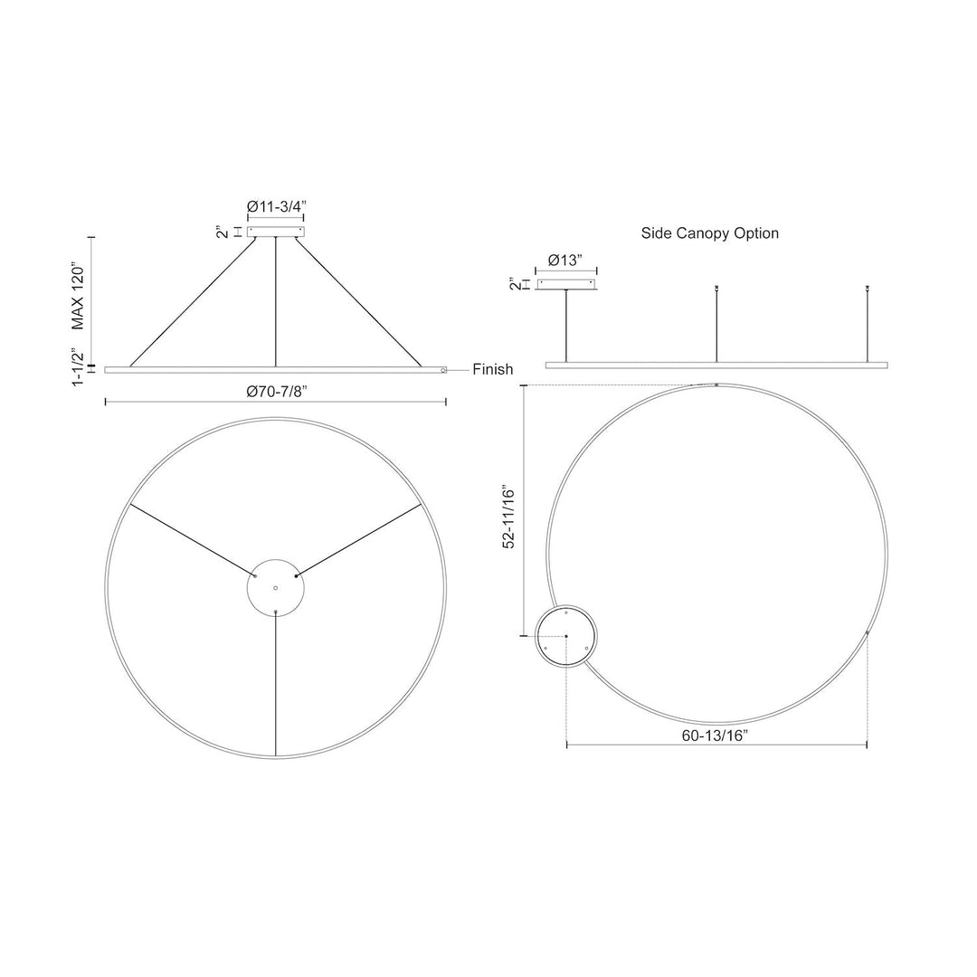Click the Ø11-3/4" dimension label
coord(276,206)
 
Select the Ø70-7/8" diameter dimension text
coord(276,392)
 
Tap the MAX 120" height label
coord(79,296)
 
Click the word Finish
coord(492,369)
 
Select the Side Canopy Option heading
coord(710,233)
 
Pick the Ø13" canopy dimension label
coord(566,261)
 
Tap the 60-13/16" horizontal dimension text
coord(715,735)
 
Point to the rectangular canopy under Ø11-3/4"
coord(276,232)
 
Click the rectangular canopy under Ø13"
coord(566,284)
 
